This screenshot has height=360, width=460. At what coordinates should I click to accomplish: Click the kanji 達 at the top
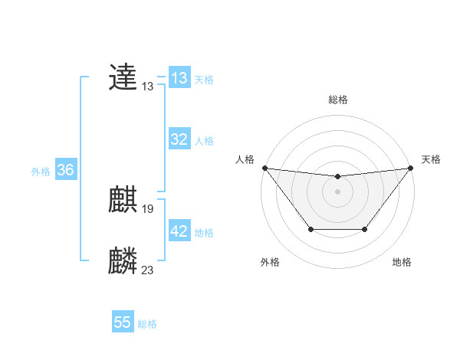click(123, 77)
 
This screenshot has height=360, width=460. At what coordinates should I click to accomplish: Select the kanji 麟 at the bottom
click(123, 261)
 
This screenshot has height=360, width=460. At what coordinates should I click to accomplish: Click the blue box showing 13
click(179, 78)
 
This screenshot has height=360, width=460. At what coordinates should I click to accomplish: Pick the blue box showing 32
click(179, 139)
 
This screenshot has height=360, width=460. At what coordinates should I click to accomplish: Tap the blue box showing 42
click(179, 231)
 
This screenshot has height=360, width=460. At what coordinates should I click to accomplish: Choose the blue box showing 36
click(65, 170)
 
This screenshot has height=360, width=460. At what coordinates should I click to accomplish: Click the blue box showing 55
click(123, 322)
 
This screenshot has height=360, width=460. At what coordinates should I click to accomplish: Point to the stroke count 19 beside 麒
click(148, 208)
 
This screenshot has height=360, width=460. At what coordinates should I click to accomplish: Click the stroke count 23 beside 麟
click(148, 269)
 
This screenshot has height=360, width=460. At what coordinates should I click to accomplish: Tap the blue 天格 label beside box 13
click(204, 79)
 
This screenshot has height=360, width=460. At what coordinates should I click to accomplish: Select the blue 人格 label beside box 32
click(204, 140)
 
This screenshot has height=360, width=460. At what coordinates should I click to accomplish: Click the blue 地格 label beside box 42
click(204, 232)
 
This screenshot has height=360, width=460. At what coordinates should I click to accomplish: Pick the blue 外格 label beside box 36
click(41, 172)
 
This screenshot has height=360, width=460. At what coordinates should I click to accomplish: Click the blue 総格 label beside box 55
click(147, 324)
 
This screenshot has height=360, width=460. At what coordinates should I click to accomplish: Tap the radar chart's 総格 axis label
click(338, 100)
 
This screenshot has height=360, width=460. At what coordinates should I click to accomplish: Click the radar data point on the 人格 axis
click(264, 168)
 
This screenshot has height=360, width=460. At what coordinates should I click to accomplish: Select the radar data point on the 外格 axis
click(310, 229)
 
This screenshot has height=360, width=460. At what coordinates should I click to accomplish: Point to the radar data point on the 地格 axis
click(365, 229)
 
